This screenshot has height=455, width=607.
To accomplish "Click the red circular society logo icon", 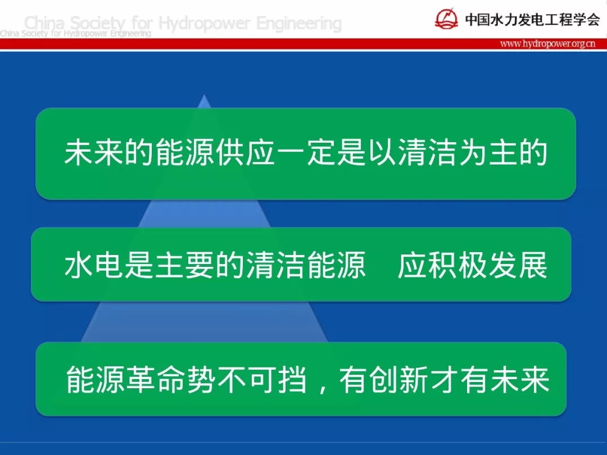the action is click(446, 19).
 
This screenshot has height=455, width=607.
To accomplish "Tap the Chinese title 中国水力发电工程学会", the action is click(532, 19).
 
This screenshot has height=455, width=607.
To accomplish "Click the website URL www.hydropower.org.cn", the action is click(547, 43).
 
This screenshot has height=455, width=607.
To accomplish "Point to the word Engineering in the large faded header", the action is click(299, 24).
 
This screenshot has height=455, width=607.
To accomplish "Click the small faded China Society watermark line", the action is click(75, 34).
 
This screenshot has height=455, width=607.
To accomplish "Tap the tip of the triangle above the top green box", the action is click(204, 95).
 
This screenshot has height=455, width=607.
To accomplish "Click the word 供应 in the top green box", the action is click(246, 152).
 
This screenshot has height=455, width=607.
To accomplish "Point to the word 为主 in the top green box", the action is click(488, 152).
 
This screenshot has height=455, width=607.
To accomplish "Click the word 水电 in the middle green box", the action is click(93, 265).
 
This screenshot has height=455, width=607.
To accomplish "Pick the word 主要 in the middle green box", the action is click(184, 265).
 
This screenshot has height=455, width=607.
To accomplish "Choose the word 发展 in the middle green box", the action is click(518, 265).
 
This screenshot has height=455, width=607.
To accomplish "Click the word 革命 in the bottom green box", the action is click(156, 379).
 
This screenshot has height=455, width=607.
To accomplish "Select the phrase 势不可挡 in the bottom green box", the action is click(247, 379).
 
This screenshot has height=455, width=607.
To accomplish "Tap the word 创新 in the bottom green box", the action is click(398, 379).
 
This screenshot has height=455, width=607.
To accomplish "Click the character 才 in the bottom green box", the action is click(444, 379).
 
